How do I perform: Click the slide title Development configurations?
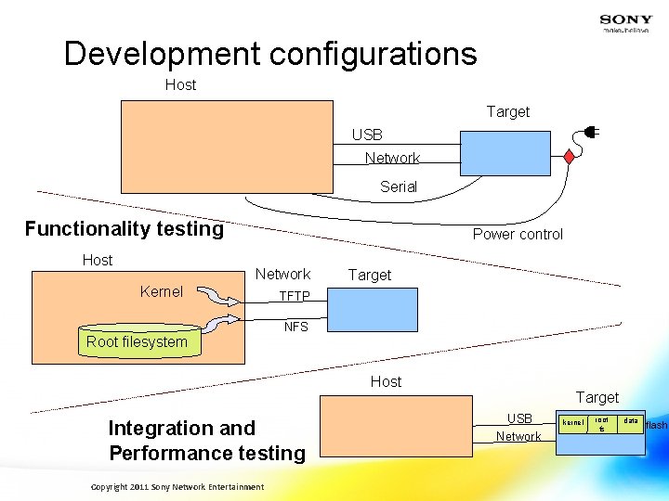270,54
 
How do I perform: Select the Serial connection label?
398,186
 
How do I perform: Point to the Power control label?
518,234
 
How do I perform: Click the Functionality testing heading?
125,229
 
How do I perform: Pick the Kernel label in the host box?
161,291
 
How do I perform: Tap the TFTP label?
295,297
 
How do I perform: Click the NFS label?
295,328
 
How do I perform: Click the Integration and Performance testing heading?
206,441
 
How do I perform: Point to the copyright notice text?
177,487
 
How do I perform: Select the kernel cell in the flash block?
572,423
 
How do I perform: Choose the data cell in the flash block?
631,421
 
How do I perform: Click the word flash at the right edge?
656,425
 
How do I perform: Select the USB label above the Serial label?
367,135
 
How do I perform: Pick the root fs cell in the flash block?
602,423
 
